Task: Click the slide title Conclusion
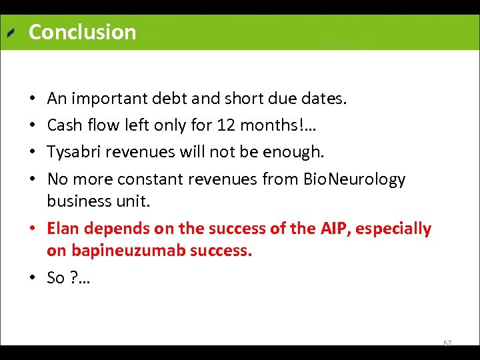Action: tap(82, 32)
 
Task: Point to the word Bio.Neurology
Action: tap(354, 179)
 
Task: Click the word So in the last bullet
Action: tap(56, 278)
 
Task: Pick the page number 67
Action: tap(447, 343)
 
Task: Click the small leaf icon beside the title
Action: tap(11, 33)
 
